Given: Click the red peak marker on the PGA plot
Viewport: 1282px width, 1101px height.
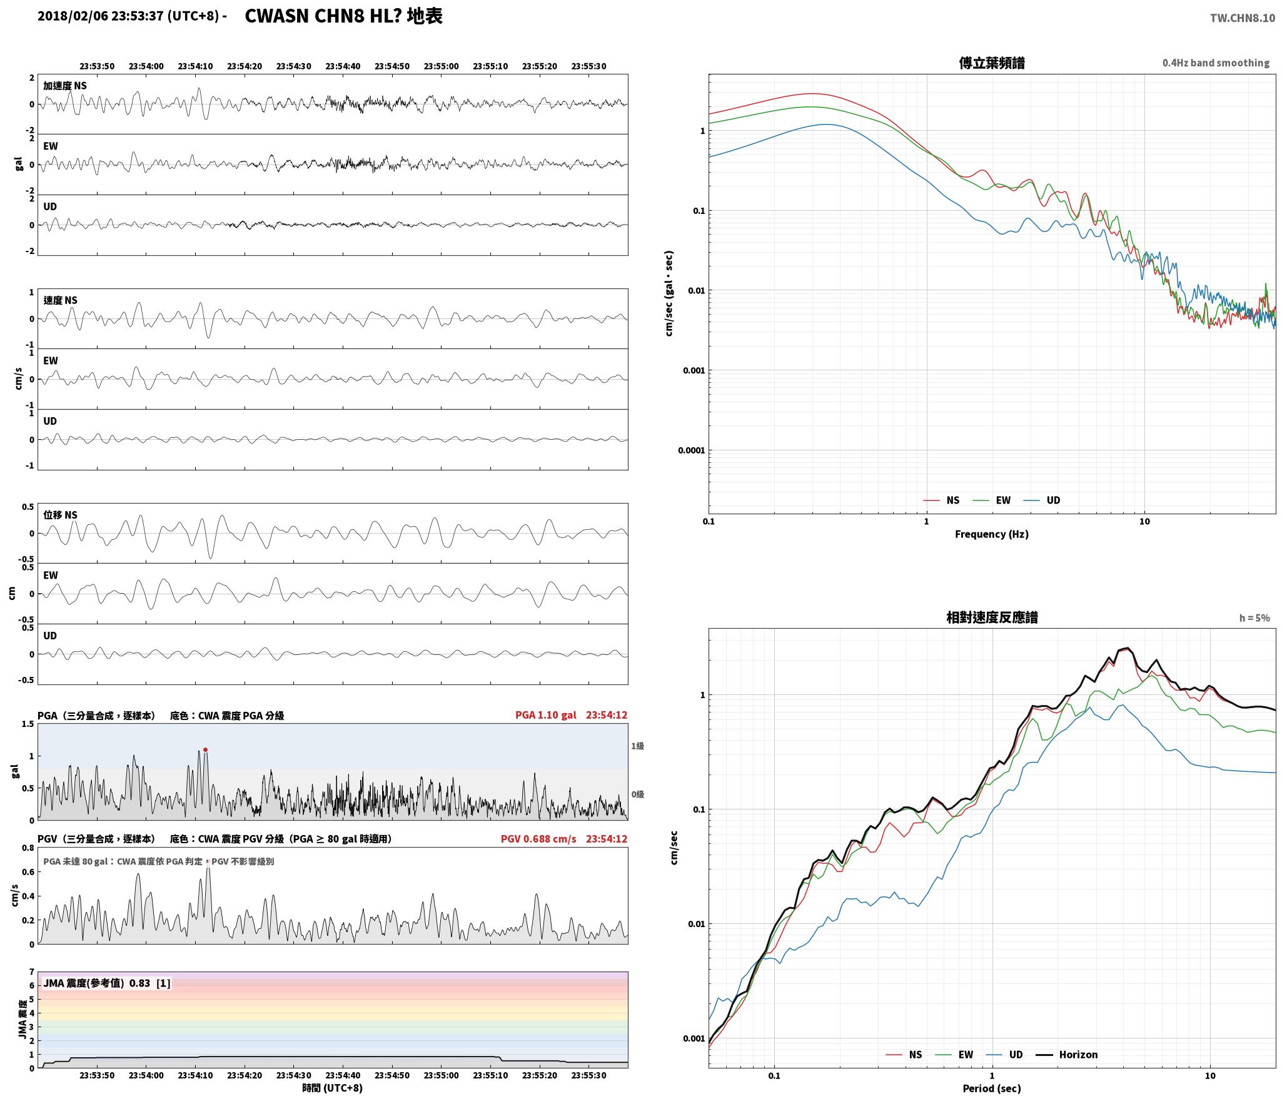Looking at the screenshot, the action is point(205,749).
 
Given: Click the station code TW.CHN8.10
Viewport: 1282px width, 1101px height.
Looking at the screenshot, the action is point(1242,18).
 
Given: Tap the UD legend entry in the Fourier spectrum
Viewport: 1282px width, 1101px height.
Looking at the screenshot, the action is point(1042,500).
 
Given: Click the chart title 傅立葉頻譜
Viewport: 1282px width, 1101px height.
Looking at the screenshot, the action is point(992,63).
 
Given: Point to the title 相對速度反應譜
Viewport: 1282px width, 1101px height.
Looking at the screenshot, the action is point(992,617).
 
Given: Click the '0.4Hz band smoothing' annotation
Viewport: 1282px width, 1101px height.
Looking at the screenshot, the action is point(1216,63).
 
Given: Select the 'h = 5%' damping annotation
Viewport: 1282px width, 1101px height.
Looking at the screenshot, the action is point(1254,618).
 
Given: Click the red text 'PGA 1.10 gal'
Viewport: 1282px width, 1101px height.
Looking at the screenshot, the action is point(545,715).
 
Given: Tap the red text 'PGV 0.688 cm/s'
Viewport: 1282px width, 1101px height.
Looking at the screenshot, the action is point(538,839).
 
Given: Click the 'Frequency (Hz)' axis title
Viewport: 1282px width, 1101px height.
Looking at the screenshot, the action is point(992,534).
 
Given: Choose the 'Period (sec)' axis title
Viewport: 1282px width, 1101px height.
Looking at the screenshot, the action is point(992,1088).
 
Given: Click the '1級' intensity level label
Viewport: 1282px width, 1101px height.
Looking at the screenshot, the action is point(637,746).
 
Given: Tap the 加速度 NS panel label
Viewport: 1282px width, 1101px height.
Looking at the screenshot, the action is point(65,86).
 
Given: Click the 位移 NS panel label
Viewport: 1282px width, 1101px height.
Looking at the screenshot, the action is point(60,515).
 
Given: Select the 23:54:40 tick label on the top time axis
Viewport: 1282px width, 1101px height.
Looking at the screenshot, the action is point(343,66).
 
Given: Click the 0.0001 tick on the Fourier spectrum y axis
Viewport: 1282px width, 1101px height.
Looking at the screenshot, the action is point(691,450).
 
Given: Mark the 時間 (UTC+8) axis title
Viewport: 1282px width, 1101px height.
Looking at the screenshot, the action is point(333,1088).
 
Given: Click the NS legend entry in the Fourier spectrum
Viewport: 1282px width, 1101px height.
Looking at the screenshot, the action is point(941,500).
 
